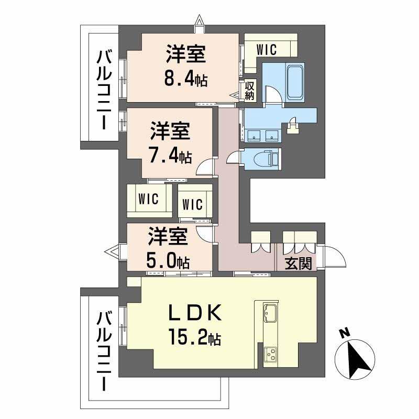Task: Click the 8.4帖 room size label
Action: [x=186, y=80]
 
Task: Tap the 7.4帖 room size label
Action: [x=171, y=156]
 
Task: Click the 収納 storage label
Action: [x=249, y=91]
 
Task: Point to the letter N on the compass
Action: [x=344, y=333]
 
